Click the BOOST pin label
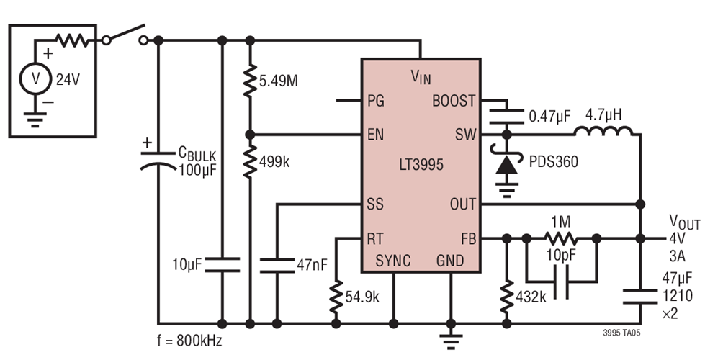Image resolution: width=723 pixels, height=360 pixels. [453, 101]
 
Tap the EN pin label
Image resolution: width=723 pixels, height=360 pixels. [375, 135]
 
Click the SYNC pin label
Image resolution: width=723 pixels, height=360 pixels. [392, 261]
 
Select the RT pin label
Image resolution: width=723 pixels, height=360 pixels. [375, 238]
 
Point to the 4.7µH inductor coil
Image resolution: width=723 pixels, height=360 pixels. [603, 131]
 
